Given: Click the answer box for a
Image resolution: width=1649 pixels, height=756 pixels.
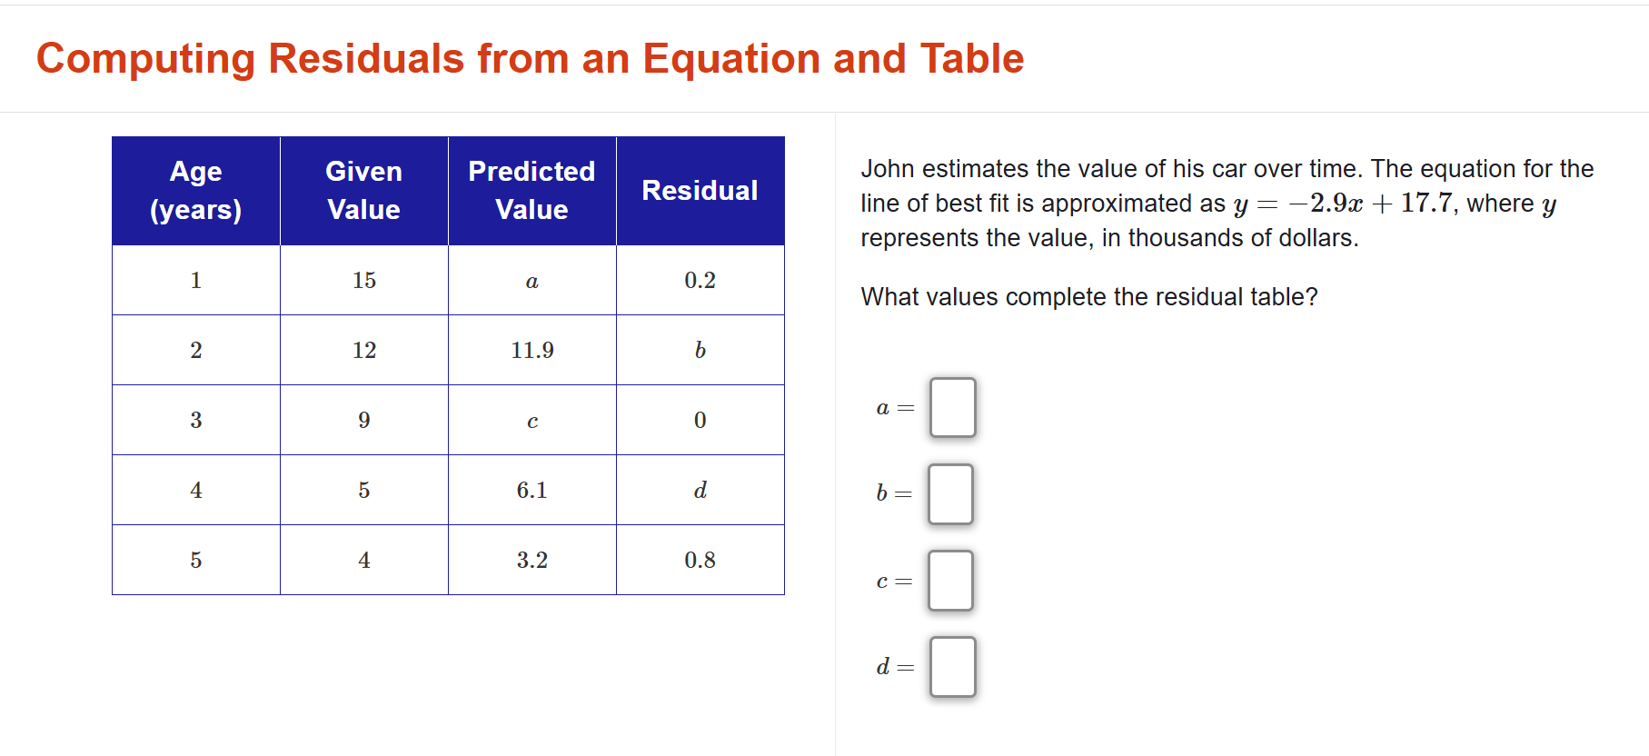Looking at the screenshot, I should tap(952, 408).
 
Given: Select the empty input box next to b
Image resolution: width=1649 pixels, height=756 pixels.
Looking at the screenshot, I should tap(950, 494).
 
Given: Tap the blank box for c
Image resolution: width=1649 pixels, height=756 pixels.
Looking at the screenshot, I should tap(950, 581).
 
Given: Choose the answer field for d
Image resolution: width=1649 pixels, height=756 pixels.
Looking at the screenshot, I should tap(952, 667).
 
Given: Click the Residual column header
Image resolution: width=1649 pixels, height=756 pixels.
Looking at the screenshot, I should tap(700, 191).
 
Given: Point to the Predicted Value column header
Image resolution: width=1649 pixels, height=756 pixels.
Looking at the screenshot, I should tap(531, 191).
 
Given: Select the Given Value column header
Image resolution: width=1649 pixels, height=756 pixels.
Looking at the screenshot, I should tap(363, 191).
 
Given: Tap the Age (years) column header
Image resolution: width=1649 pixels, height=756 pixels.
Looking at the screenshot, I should tap(195, 191).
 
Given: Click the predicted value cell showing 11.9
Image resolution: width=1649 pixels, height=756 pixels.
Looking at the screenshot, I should tap(532, 351).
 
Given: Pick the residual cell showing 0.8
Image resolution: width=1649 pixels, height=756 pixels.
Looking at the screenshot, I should tap(700, 561).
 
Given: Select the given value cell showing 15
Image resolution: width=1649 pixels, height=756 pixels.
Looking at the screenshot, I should tap(364, 281).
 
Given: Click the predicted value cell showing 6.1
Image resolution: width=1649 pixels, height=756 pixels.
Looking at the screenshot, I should tap(532, 491).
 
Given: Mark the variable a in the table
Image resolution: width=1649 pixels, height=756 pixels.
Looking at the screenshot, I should tap(532, 282).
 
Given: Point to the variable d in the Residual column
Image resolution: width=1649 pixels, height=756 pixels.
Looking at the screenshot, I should tap(700, 491).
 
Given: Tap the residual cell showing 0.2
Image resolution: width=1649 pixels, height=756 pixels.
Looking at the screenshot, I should tap(700, 281).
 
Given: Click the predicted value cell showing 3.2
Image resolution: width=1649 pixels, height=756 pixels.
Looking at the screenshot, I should tap(532, 561).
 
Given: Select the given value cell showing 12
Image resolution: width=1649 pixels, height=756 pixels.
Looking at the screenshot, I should tap(364, 351).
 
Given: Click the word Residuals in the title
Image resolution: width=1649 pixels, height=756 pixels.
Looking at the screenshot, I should tap(366, 59).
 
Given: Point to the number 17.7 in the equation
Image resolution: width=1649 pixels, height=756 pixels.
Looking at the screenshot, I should tap(1426, 203).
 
